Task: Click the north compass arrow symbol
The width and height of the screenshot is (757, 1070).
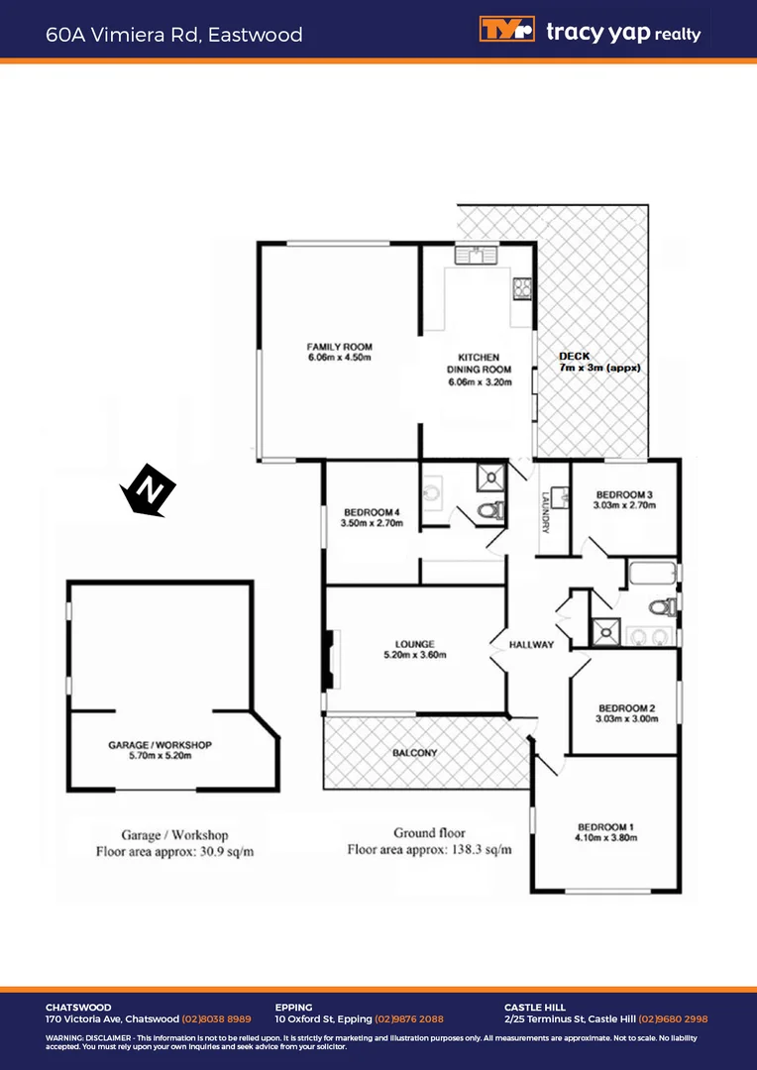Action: [148, 489]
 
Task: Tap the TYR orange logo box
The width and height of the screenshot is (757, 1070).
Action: [506, 30]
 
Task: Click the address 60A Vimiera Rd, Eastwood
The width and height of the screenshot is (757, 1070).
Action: [174, 35]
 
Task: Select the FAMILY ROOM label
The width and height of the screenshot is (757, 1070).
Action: [339, 347]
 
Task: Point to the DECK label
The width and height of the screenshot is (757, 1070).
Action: [574, 356]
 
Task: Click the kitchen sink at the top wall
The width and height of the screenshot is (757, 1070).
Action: [476, 256]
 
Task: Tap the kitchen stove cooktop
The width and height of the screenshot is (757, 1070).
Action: [522, 288]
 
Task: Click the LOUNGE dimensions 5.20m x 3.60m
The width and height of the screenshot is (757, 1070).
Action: [415, 655]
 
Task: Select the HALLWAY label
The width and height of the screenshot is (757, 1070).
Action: [531, 645]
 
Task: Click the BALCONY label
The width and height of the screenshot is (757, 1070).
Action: [414, 753]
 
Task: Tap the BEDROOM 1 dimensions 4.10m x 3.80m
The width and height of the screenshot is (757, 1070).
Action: [605, 838]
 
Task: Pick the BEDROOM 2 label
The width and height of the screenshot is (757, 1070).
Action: [626, 707]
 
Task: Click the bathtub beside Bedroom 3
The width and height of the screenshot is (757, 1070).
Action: [651, 574]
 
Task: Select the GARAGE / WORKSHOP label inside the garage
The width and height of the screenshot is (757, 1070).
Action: [160, 744]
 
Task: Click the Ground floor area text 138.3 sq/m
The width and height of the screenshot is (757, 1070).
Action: [429, 849]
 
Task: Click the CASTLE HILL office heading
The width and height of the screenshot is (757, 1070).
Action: [535, 1008]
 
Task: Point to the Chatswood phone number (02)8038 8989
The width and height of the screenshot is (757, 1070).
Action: [216, 1018]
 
